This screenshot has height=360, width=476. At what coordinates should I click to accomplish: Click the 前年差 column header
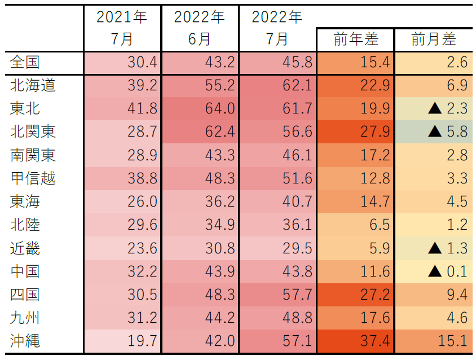355,39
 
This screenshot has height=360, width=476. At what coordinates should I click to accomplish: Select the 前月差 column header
433,39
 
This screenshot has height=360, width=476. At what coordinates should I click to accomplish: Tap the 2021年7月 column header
122,28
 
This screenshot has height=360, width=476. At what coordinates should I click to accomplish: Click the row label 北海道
33,85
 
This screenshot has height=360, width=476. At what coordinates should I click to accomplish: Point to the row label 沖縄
25,340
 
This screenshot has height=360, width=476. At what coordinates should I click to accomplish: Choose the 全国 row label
25,62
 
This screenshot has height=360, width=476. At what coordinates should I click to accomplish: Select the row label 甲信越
33,178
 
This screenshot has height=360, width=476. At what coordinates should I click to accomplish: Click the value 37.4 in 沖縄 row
374,340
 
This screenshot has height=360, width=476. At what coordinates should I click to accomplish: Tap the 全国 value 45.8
297,62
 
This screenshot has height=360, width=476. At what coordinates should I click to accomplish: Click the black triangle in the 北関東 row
435,132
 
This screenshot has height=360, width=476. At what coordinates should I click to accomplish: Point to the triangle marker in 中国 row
435,271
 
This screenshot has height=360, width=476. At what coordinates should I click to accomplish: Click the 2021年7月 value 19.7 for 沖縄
142,340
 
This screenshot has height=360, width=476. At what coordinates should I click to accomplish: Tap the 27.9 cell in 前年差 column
374,132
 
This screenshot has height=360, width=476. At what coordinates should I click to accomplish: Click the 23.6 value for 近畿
142,248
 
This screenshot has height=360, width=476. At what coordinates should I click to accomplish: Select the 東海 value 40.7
297,201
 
